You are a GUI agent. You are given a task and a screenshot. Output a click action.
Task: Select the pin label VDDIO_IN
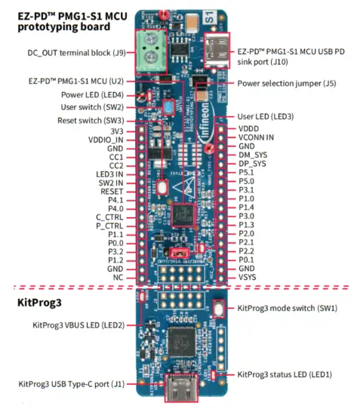click(x=106, y=140)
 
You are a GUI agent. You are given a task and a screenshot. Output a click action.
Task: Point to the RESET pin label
click(x=111, y=192)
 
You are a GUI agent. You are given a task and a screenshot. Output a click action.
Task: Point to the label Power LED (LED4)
click(x=93, y=95)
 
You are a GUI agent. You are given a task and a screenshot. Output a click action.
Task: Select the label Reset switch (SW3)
click(x=88, y=120)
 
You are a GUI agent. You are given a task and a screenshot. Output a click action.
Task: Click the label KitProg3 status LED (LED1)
click(x=285, y=374)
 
